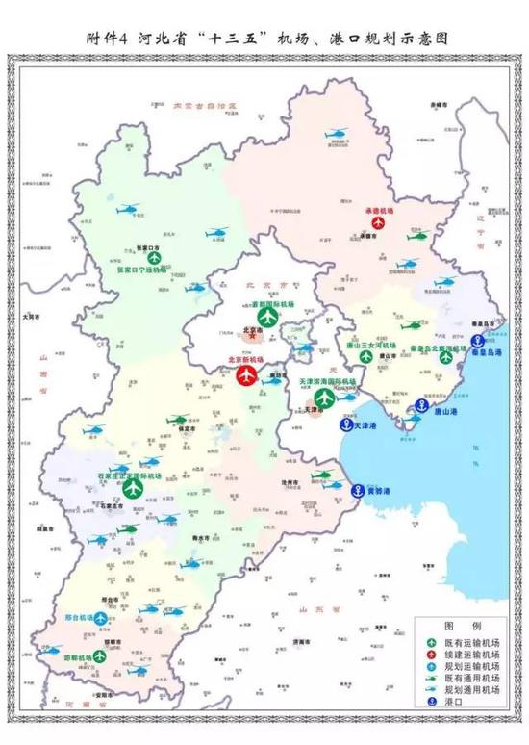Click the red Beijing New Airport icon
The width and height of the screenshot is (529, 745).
(x=248, y=373)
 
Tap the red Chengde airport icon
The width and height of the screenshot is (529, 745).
(x=377, y=222)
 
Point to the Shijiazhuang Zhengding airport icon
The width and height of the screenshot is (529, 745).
(x=133, y=489)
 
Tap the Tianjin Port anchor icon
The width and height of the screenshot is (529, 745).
(x=342, y=424)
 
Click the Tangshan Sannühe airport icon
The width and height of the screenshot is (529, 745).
(x=365, y=356)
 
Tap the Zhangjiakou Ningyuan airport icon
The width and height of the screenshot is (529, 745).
(x=153, y=256)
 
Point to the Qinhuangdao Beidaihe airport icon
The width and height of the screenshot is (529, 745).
(x=445, y=357)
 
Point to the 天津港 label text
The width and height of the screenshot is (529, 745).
(x=369, y=424)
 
